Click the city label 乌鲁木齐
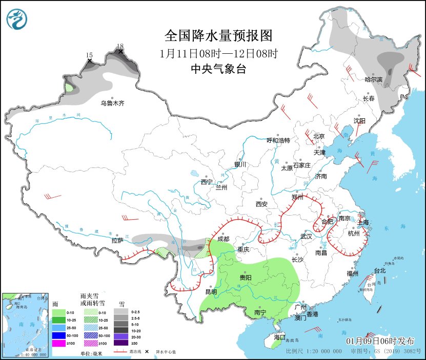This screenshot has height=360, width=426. tap(112, 103)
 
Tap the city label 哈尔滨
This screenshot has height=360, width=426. tap(373, 79)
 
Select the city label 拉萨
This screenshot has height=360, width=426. tap(117, 240)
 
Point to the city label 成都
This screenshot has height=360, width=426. tap(223, 239)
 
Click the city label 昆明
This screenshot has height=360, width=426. tap(211, 292)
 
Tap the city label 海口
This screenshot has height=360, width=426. tap(279, 337)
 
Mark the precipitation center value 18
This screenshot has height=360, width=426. tap(120, 46)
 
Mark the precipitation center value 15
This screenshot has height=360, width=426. tap(89, 55)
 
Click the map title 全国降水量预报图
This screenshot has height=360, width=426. tap(218, 35)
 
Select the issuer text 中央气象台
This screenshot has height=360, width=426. tap(218, 69)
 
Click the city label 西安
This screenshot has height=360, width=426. tap(261, 204)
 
